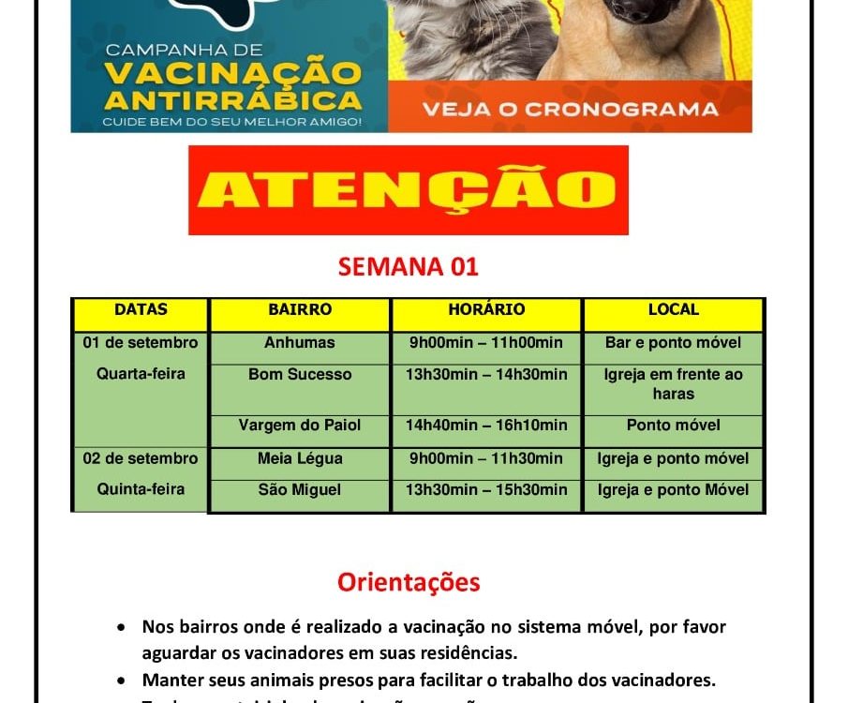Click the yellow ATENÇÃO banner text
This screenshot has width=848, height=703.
point(408,190)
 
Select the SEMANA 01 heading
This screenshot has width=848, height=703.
point(409,266)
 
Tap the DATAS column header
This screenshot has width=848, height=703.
point(141,309)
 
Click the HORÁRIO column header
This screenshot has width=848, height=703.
point(486,309)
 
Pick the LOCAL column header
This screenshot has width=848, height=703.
point(674,309)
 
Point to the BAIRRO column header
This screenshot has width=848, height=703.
point(300,309)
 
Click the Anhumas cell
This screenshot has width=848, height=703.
point(300,343)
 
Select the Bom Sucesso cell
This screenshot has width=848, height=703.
point(300,375)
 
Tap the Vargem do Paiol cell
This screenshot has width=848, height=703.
point(300,426)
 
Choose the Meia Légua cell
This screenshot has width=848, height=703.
point(300,458)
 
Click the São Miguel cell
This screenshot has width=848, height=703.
point(300,490)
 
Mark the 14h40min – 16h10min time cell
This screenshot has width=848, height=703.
point(486,426)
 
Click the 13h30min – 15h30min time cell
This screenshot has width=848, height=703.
point(486,490)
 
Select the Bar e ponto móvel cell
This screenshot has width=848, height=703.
point(674,343)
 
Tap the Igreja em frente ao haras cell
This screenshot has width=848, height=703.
point(674,384)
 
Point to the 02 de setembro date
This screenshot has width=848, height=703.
point(141,458)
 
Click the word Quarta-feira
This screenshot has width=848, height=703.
point(141,374)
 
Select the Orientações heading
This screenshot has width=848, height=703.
point(409,582)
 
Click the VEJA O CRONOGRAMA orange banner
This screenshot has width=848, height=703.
point(570,109)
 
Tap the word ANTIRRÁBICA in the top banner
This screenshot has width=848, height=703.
point(233,99)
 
